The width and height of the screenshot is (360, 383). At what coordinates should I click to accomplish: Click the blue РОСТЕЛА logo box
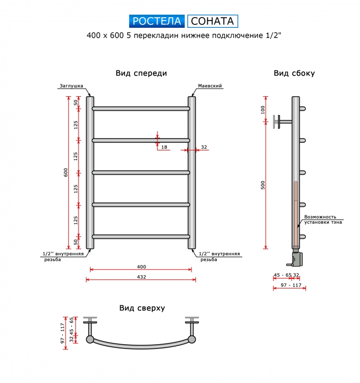pyautogui.click(x=157, y=21)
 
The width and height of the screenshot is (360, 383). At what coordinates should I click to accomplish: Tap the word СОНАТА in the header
pyautogui.click(x=212, y=21)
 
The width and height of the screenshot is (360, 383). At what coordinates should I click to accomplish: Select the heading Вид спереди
pyautogui.click(x=141, y=73)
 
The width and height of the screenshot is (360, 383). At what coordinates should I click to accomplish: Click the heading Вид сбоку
pyautogui.click(x=294, y=73)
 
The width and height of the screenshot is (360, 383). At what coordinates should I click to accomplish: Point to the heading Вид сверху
pyautogui.click(x=142, y=308)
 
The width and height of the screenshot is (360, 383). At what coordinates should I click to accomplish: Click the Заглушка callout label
pyautogui.click(x=71, y=86)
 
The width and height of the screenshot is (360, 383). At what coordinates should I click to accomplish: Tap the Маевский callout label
pyautogui.click(x=210, y=86)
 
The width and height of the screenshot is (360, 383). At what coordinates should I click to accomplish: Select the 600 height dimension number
pyautogui.click(x=66, y=172)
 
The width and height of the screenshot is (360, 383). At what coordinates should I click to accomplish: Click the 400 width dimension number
pyautogui.click(x=141, y=267)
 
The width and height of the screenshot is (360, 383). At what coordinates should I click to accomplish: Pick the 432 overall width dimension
pyautogui.click(x=141, y=277)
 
